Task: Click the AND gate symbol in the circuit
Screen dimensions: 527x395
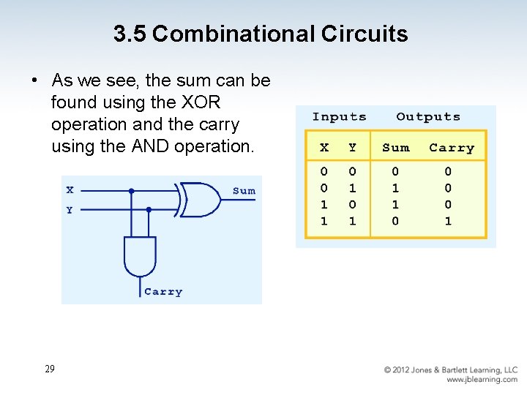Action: pos(140,257)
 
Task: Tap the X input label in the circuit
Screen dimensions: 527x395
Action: pos(70,190)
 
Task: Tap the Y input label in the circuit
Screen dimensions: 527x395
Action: pos(70,210)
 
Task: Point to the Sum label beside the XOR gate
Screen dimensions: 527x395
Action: pos(244,191)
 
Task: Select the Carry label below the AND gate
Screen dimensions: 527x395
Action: pos(163,292)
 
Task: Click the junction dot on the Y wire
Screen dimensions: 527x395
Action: pos(149,209)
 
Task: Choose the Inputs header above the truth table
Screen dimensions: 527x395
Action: pos(339,117)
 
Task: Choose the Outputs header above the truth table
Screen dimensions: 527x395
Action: pos(428,117)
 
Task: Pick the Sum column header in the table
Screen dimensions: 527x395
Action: pos(396,148)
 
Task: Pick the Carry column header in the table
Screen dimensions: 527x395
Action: pos(452,148)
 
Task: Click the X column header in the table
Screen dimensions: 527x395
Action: pos(324,148)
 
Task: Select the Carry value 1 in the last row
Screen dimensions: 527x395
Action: pos(448,221)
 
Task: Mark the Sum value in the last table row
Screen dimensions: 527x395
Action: pos(395,221)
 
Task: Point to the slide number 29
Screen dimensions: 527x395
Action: pos(49,369)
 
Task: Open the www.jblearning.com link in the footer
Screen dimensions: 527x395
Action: pos(482,380)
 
